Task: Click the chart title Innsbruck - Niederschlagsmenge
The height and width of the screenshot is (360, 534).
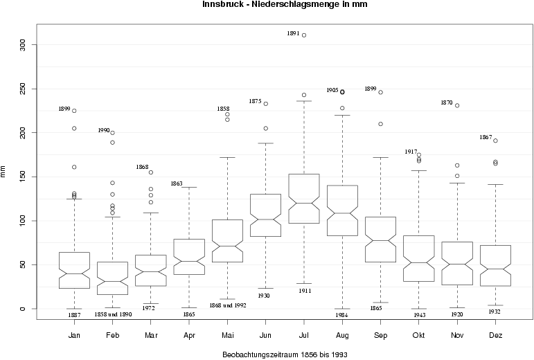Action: coord(285,5)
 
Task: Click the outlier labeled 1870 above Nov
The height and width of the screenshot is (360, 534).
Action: coord(457,106)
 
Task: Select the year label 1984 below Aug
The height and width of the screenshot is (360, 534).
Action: coord(342,314)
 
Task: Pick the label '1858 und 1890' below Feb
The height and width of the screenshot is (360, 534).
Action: coord(113,314)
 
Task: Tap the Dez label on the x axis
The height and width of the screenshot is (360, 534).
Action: coord(495,335)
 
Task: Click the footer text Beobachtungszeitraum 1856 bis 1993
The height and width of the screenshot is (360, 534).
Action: coord(285,354)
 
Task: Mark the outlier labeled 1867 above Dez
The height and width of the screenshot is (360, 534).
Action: coord(495,141)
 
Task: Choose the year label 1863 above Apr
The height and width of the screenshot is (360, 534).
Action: coord(177,183)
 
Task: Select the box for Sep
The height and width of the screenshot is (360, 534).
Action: coord(380,240)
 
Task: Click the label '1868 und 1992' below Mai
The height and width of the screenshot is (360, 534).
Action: coord(228,305)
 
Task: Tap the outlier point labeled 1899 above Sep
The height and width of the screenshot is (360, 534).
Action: coord(380,92)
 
